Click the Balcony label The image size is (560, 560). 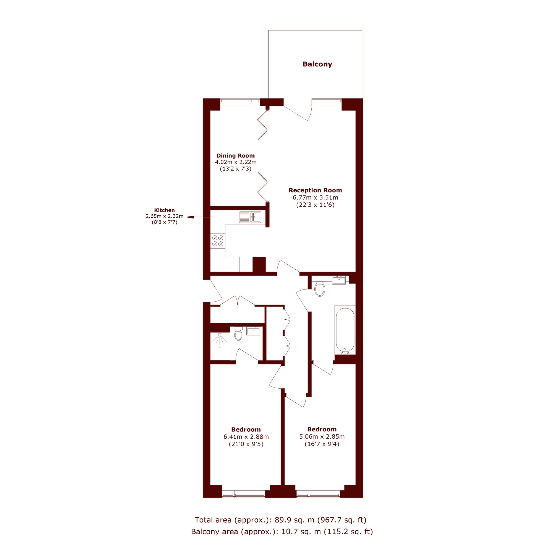coord(317,64)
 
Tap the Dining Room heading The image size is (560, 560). coord(235,156)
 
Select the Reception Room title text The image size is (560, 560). coord(315,190)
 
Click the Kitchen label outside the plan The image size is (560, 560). coord(164,210)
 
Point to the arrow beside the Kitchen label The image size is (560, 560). coord(200,217)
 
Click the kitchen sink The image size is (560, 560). coord(250,217)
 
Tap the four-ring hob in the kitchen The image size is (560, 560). coord(218,241)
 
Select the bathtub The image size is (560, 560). coord(345,330)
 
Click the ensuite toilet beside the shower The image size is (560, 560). coord(238,334)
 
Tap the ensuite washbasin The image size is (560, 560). coord(253,331)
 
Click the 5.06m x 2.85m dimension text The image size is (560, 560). coord(322,436)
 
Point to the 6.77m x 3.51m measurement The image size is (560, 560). coord(315,197)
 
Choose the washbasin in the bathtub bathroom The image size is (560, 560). coord(339,280)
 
